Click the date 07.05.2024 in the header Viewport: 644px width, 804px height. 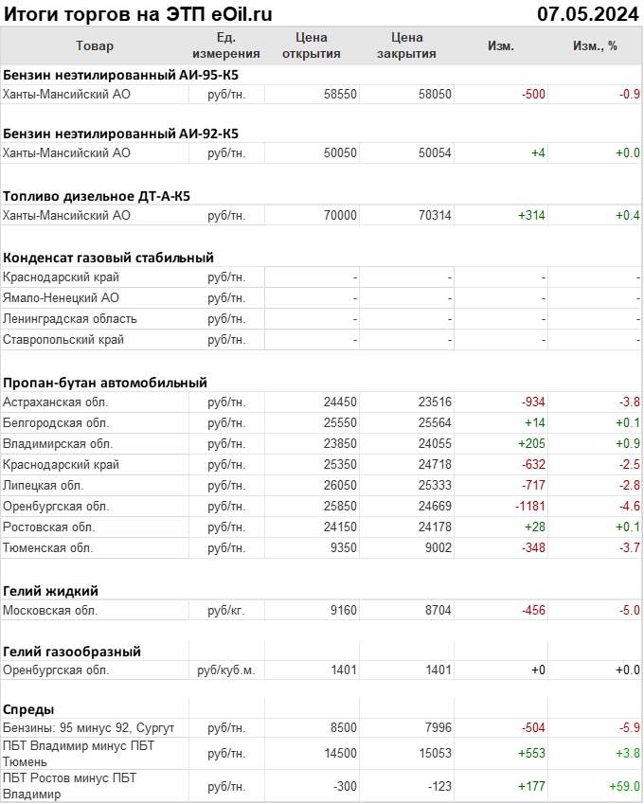point(587,13)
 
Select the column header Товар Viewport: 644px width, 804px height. point(94,45)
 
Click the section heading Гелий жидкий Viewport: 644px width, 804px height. point(50,590)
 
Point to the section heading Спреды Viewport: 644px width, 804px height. point(28,709)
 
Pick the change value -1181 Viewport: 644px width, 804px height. point(529,506)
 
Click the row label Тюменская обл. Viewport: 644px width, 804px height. point(47,547)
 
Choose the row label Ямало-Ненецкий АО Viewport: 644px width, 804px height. point(61,297)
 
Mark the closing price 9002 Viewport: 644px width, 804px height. point(435,547)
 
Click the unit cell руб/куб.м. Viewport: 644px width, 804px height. point(226,670)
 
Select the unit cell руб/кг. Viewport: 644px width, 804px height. point(226,611)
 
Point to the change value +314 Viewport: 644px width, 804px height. point(531,216)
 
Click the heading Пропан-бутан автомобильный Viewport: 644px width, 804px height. point(104,383)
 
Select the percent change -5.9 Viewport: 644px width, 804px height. point(628,727)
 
